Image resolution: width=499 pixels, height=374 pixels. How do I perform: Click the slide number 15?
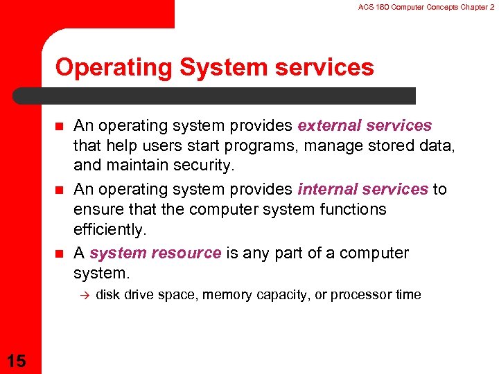coord(15,360)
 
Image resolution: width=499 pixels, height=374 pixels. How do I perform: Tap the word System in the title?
coord(210,67)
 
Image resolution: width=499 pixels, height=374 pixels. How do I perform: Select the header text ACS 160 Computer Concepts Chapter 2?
coord(426,6)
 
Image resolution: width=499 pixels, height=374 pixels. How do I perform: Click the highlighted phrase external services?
coord(365,125)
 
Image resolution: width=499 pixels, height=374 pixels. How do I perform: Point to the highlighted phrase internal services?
coord(363,189)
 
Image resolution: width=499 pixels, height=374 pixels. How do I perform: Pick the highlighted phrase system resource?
coord(155,253)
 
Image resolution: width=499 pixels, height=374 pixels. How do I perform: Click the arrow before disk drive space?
coord(82,294)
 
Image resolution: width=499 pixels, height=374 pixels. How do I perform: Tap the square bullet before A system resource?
coord(60,253)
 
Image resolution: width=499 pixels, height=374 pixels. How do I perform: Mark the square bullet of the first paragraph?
coord(60,125)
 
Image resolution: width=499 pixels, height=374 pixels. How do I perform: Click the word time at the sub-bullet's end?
coord(408,294)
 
